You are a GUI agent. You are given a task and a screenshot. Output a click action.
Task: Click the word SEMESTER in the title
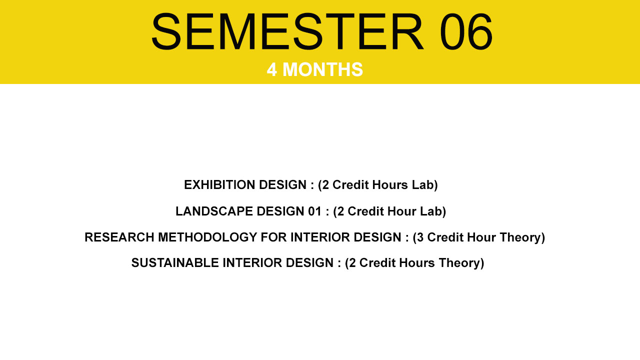pyautogui.click(x=287, y=32)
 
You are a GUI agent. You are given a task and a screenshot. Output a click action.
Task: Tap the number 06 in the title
pyautogui.click(x=466, y=32)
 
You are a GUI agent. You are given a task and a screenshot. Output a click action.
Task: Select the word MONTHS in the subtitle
pyautogui.click(x=322, y=69)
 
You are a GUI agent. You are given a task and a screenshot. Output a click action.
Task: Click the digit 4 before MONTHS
pyautogui.click(x=271, y=69)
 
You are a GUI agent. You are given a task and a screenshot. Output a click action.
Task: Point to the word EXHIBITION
pyautogui.click(x=219, y=185)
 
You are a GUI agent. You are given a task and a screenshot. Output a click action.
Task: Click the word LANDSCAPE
pyautogui.click(x=214, y=211)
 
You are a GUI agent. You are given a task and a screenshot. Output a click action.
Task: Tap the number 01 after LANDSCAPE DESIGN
pyautogui.click(x=315, y=211)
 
